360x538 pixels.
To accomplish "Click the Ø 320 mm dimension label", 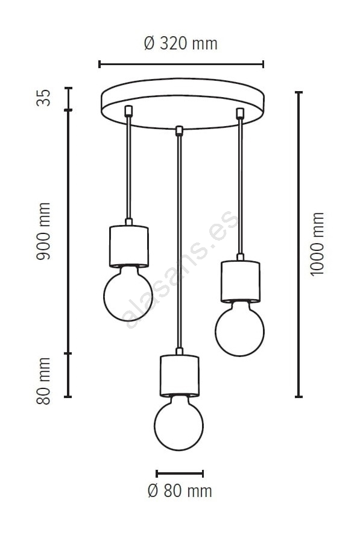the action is pyautogui.click(x=180, y=43).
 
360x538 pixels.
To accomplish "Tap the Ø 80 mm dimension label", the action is pyautogui.click(x=180, y=491).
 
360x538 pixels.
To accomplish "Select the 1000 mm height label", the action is pyautogui.click(x=317, y=244).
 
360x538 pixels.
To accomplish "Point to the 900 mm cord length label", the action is pyautogui.click(x=43, y=231).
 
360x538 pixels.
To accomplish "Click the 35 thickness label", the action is pyautogui.click(x=43, y=98).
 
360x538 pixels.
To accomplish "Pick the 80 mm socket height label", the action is pyautogui.click(x=43, y=381).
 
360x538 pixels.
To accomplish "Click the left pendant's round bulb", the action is pyautogui.click(x=128, y=294).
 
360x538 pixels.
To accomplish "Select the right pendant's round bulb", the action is pyautogui.click(x=240, y=329).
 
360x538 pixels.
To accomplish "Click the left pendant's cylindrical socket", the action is pyautogui.click(x=128, y=246).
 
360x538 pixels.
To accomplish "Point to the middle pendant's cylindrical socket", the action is pyautogui.click(x=179, y=376).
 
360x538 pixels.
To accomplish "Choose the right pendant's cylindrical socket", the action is pyautogui.click(x=240, y=281).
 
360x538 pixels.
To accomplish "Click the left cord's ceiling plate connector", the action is pyautogui.click(x=128, y=110).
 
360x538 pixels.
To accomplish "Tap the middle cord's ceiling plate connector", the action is pyautogui.click(x=178, y=131).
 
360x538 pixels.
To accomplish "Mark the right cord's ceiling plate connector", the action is pyautogui.click(x=240, y=113).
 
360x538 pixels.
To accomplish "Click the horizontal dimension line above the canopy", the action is pyautogui.click(x=181, y=64).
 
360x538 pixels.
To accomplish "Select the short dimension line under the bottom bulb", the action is pyautogui.click(x=180, y=473).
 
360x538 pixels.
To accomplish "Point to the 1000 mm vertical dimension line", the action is pyautogui.click(x=299, y=245).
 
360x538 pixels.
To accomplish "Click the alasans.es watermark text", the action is pyautogui.click(x=182, y=270).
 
